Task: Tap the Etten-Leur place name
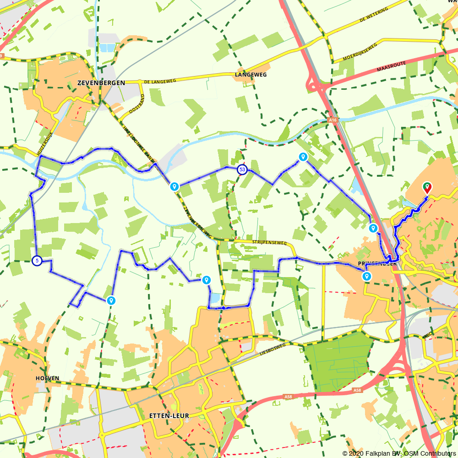[x=169, y=416]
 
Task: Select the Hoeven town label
[x=47, y=378]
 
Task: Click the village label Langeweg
[x=250, y=74]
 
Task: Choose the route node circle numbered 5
[x=37, y=261]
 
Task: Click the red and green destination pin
[x=427, y=187]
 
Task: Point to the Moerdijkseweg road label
[x=360, y=53]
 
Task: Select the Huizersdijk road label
[x=44, y=142]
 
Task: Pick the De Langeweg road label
[x=160, y=81]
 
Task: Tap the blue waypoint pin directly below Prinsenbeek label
[x=367, y=276]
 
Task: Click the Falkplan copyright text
[x=399, y=453]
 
